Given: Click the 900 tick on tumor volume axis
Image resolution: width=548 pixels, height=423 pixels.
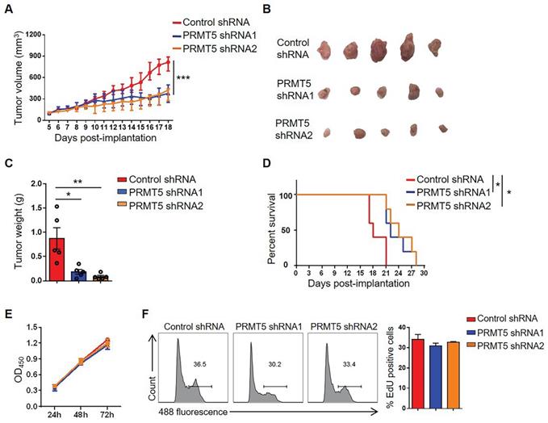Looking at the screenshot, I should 36,58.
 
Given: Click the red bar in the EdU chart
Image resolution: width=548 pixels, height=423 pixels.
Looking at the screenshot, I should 418,372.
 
